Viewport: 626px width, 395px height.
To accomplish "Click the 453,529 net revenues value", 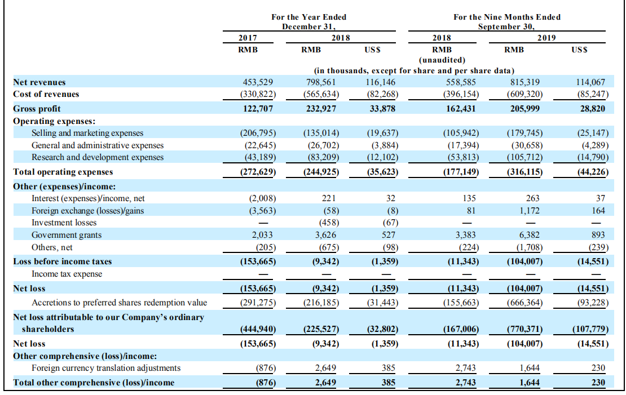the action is pos(258,82).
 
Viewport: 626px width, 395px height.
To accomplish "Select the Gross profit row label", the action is pos(37,109).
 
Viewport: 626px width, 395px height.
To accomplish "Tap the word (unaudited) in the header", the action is pos(442,60).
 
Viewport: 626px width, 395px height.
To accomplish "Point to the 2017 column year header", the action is pos(248,38).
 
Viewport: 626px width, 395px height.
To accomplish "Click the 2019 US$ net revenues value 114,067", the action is pos(590,82).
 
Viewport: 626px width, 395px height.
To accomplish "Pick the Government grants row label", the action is pos(67,235).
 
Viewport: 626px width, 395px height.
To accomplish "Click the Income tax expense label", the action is pos(67,274).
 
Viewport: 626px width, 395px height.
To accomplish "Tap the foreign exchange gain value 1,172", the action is pos(530,210).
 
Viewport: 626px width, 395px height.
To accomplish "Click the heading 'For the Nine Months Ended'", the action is pos(506,17).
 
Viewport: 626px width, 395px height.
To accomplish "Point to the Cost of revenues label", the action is pos(46,94).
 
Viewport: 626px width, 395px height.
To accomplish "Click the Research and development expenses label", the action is pos(98,157).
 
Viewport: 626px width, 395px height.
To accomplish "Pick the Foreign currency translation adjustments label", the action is pos(106,368).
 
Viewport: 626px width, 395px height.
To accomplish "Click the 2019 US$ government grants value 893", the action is pos(598,235).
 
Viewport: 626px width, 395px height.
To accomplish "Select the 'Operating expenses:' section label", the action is pos(54,121).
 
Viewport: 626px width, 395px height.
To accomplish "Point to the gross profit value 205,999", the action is pos(524,109).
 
